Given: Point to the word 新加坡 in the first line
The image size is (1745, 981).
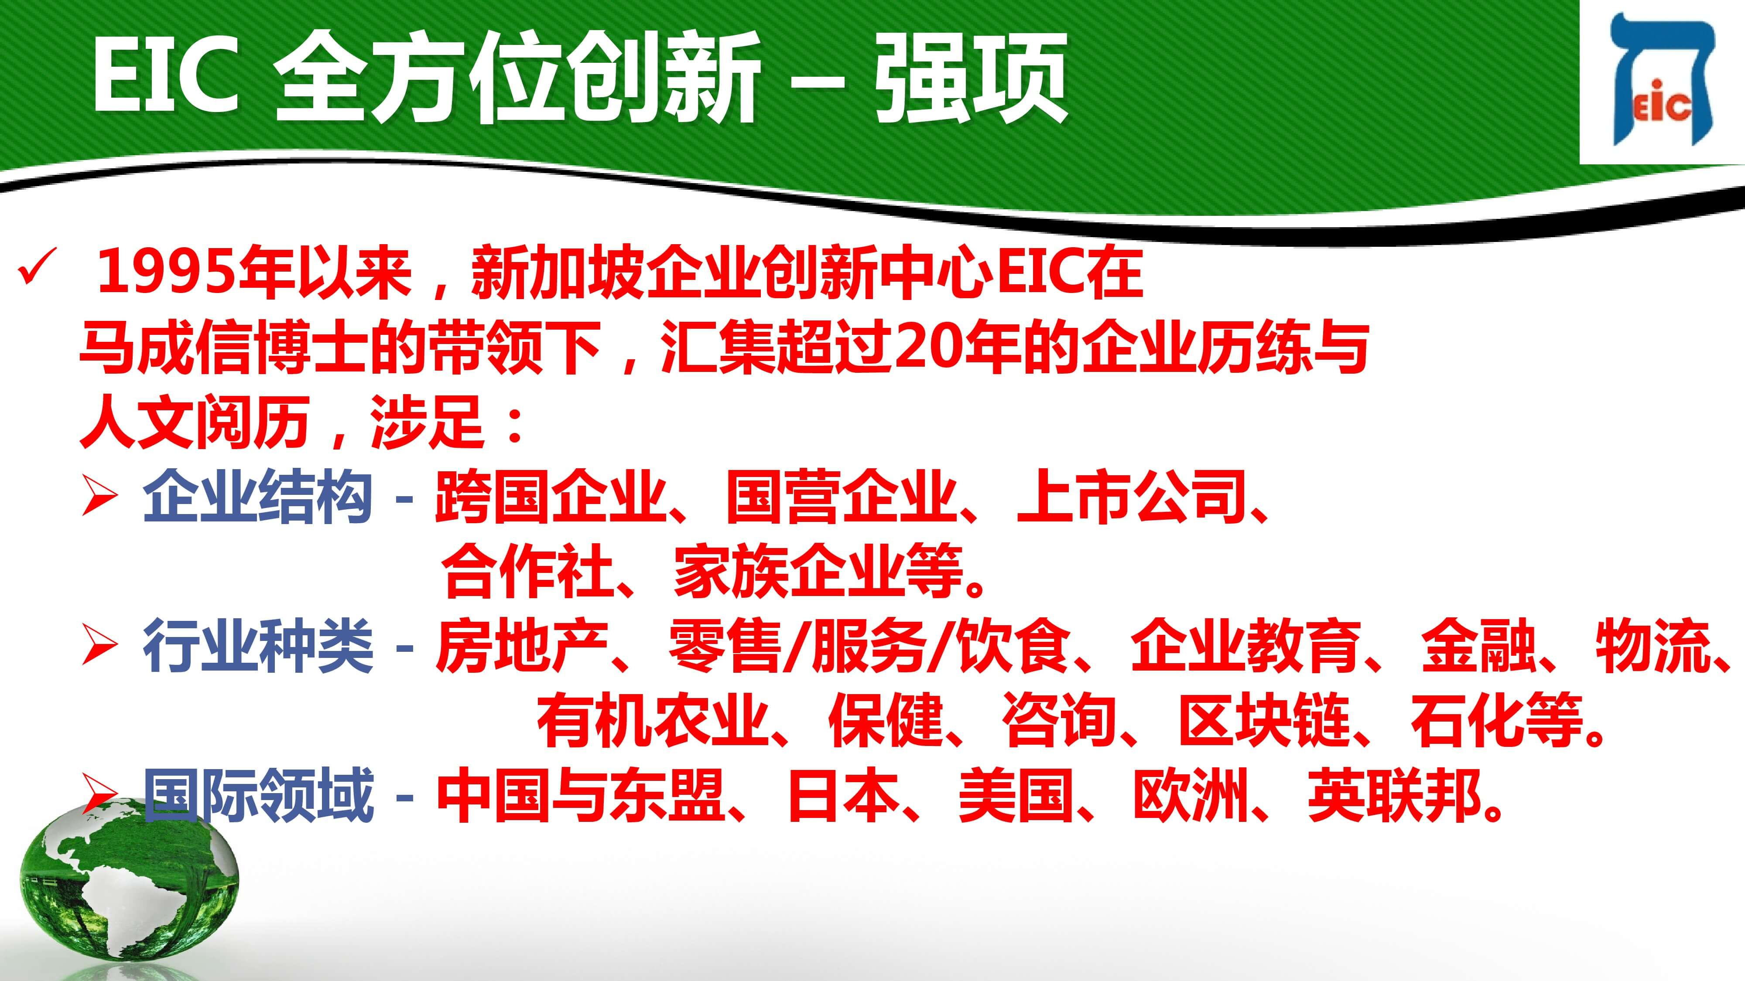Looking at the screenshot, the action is (x=557, y=273).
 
